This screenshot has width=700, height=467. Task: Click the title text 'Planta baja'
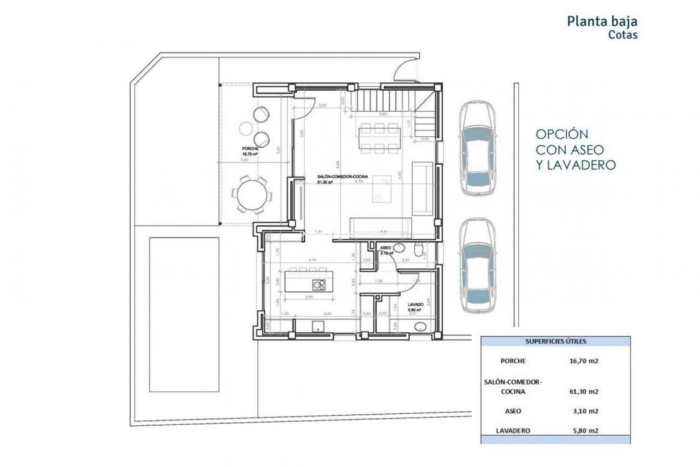pyautogui.click(x=602, y=21)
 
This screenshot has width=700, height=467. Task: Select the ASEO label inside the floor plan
pyautogui.click(x=386, y=248)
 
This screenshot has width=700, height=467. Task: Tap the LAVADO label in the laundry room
pyautogui.click(x=415, y=304)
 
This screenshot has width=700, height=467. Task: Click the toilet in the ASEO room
pyautogui.click(x=419, y=248)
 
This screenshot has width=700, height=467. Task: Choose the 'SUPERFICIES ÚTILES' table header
pyautogui.click(x=555, y=341)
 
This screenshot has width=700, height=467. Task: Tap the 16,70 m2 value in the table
pyautogui.click(x=584, y=361)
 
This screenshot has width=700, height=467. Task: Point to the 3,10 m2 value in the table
pyautogui.click(x=584, y=411)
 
